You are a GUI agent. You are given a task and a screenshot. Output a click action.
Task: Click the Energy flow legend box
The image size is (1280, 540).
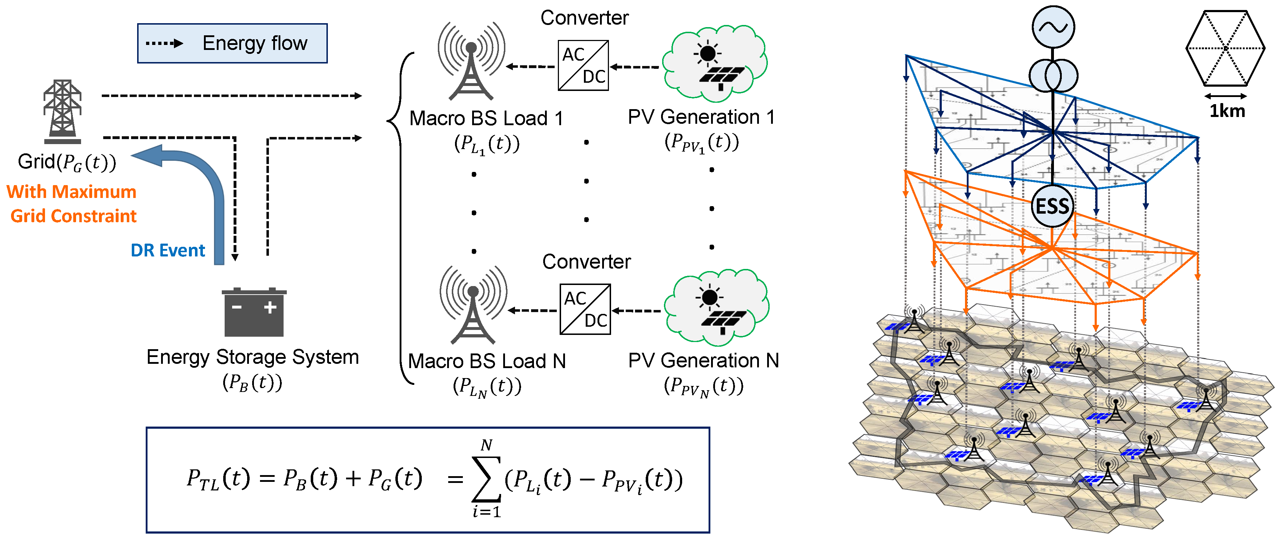(232, 43)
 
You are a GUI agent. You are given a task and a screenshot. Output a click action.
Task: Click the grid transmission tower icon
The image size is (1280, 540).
(62, 112)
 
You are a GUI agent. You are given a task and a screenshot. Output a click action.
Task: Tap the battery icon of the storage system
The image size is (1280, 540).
(254, 313)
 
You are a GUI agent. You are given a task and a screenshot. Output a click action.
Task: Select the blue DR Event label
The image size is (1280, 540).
(167, 250)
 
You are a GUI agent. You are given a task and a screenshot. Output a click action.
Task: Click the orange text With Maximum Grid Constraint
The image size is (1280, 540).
(72, 204)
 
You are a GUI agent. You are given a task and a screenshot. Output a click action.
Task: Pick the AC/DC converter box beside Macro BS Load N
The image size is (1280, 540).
(585, 309)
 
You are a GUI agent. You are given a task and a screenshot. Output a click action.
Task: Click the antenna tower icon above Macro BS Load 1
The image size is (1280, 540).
(471, 62)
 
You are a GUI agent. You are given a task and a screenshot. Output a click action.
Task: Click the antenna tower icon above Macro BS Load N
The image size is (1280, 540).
(473, 306)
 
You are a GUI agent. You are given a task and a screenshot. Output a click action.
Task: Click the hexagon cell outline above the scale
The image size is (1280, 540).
(1225, 48)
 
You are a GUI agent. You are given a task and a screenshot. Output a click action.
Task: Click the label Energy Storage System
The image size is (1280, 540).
(252, 357)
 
